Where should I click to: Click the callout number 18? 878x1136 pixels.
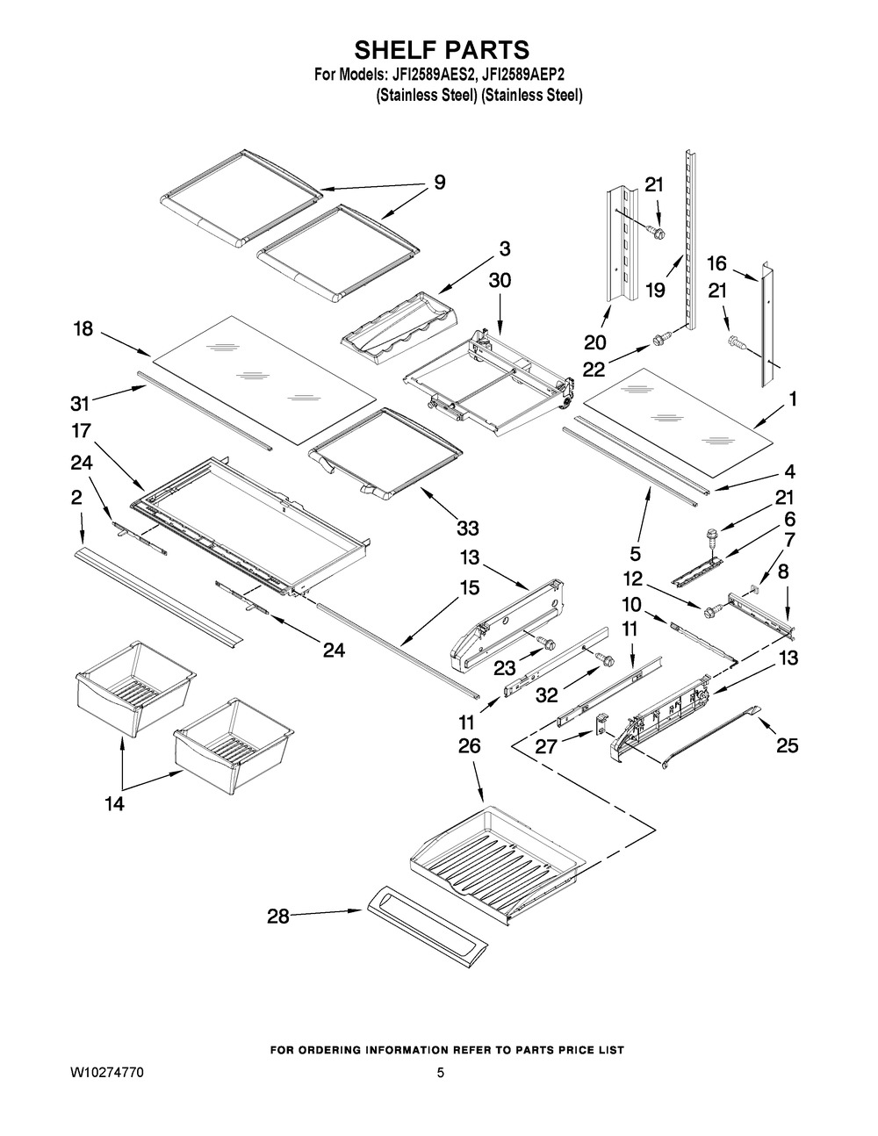click(x=83, y=328)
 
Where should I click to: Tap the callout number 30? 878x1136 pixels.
click(x=499, y=280)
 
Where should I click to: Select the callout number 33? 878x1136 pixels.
click(x=467, y=528)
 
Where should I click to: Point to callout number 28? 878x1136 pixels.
click(x=278, y=917)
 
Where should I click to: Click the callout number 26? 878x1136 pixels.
click(x=470, y=746)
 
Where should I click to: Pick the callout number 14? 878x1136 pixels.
click(x=114, y=802)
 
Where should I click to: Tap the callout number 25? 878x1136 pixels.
click(x=788, y=745)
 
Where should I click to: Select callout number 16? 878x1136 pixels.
click(x=717, y=262)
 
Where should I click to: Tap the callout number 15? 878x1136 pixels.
click(x=470, y=587)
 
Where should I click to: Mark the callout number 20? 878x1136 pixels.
click(x=595, y=342)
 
